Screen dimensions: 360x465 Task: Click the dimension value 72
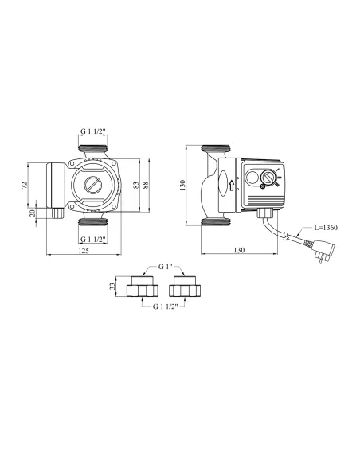point(25,185)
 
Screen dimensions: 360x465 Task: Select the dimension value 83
point(136,185)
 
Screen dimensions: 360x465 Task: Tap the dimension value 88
point(146,185)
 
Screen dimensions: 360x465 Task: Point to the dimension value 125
point(84,251)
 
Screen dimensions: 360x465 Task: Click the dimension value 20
point(33,213)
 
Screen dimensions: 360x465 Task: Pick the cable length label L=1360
point(326,228)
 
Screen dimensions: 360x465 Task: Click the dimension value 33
point(112,287)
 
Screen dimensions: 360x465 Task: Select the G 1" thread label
point(165,267)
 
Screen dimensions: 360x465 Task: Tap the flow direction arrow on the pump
point(232,186)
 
